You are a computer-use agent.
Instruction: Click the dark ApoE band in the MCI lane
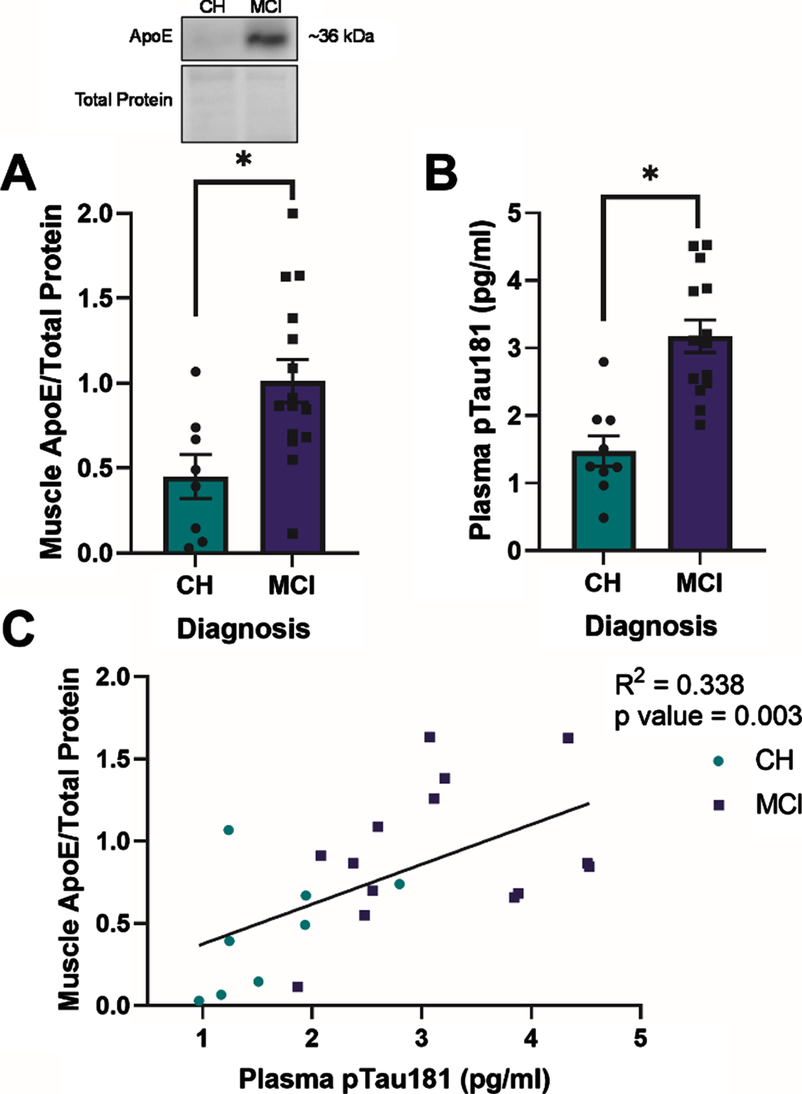tap(266, 38)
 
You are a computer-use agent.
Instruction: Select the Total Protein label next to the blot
tap(123, 100)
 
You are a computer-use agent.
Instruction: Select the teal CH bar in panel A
tap(195, 515)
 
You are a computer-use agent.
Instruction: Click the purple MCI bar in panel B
tap(700, 443)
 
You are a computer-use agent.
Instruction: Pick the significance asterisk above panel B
tap(650, 174)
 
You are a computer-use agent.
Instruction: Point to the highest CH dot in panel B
tap(603, 362)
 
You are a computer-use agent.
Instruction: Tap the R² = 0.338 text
tap(679, 685)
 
